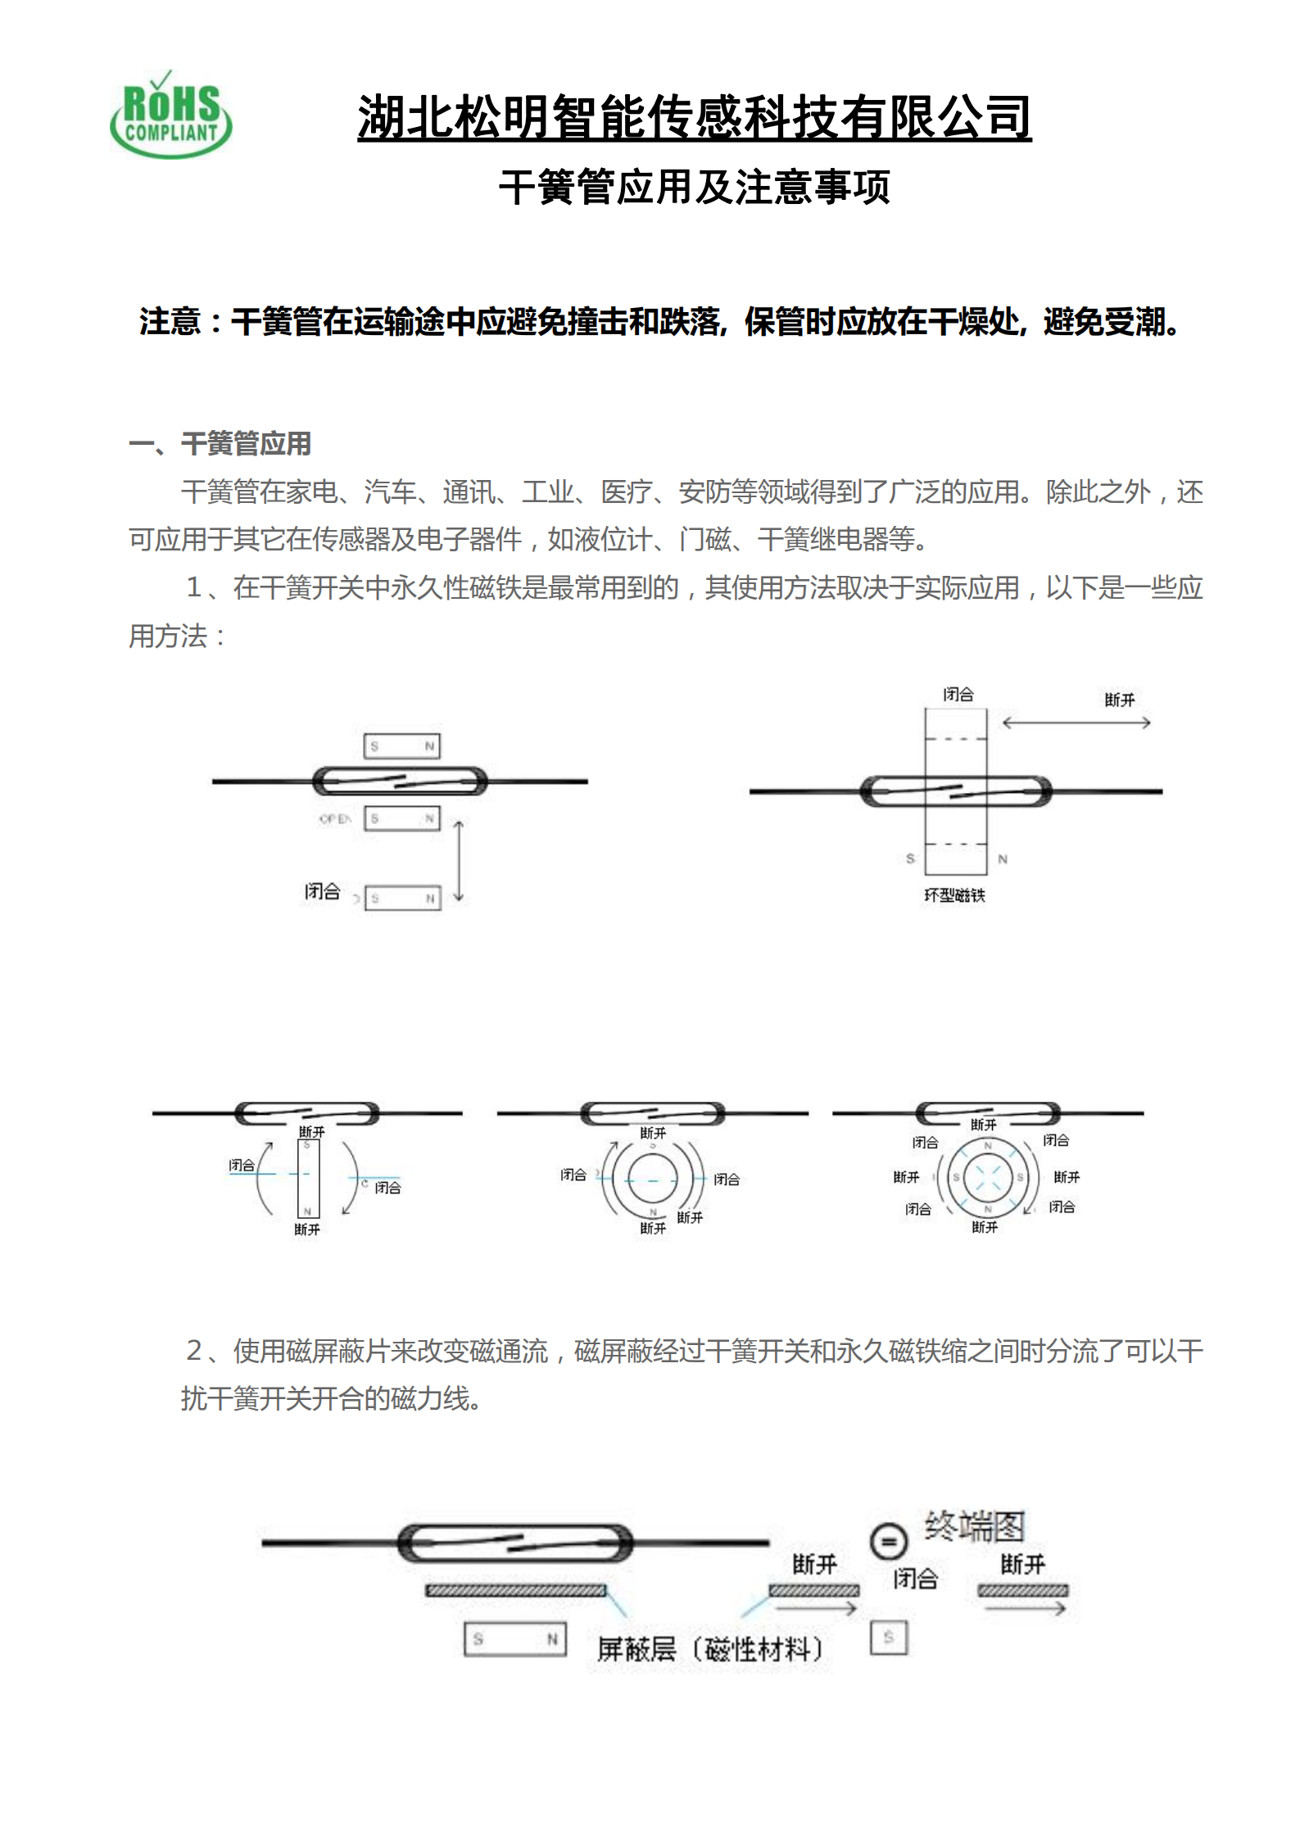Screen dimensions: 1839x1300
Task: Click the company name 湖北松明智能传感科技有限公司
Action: coord(694,116)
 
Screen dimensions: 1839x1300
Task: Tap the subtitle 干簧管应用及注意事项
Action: coord(694,188)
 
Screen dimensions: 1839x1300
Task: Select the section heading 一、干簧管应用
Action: coord(220,444)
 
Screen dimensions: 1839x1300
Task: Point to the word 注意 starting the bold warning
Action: coord(170,322)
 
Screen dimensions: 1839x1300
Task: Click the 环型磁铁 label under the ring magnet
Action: coord(954,895)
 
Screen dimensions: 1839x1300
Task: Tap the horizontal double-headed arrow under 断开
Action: coord(1076,722)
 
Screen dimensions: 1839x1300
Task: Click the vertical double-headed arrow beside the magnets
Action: coord(459,861)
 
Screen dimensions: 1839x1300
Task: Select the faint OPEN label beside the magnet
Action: coord(335,818)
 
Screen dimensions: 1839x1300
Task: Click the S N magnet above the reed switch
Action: coord(402,746)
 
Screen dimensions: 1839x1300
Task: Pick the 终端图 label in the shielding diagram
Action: coord(975,1526)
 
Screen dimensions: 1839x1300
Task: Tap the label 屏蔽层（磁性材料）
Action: coord(709,1648)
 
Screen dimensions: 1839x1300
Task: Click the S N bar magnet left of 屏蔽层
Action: coord(515,1639)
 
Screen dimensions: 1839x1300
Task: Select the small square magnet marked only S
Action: coord(889,1637)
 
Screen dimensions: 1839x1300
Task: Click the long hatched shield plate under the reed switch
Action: coord(515,1590)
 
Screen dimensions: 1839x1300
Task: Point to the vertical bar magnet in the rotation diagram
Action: coord(308,1178)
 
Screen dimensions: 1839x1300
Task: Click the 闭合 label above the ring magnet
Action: coord(958,695)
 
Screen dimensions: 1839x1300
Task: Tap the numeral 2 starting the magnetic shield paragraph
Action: coord(194,1350)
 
